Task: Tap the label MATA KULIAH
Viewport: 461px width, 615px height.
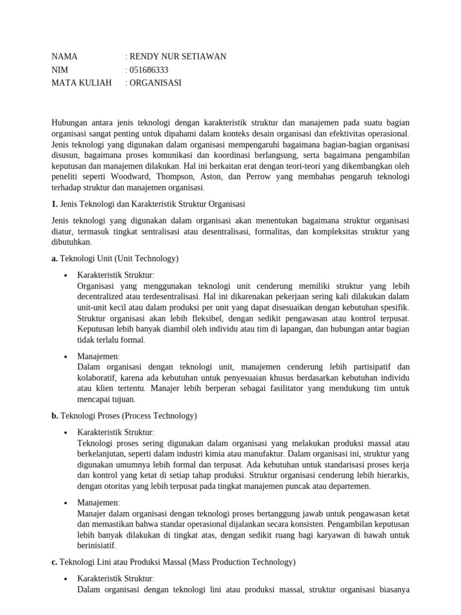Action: click(x=82, y=83)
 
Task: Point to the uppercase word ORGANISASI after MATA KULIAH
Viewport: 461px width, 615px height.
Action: click(x=155, y=83)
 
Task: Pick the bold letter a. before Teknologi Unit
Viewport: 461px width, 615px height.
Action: click(x=55, y=259)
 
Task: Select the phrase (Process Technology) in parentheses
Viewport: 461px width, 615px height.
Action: click(x=159, y=416)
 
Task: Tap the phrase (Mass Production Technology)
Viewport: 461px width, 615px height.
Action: click(x=242, y=562)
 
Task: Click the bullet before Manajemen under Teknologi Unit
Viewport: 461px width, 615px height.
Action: click(x=65, y=356)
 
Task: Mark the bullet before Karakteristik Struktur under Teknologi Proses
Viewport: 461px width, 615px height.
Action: click(x=65, y=432)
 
